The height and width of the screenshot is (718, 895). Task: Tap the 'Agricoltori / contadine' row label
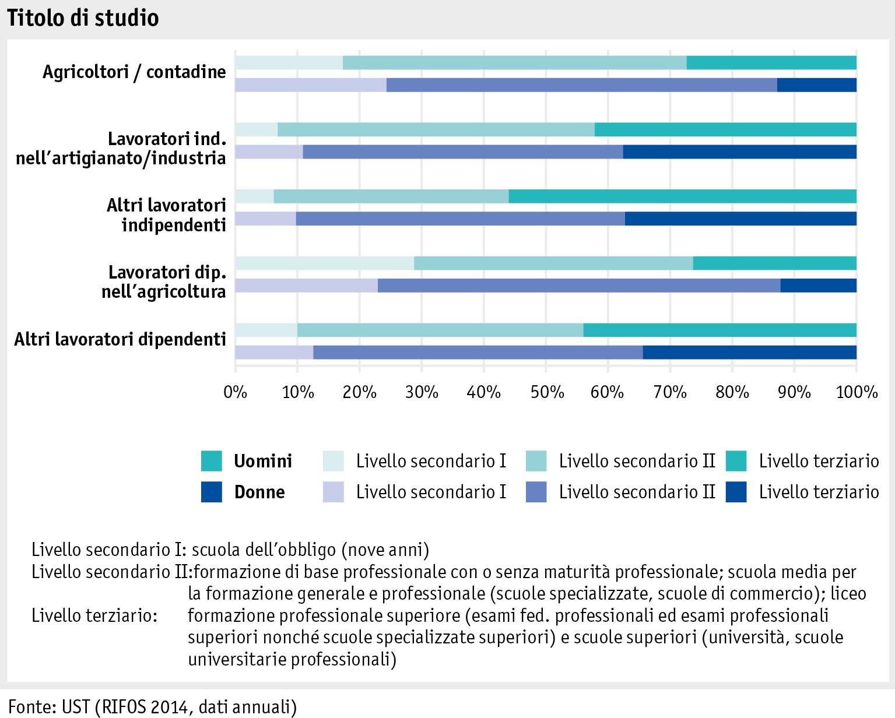click(x=134, y=72)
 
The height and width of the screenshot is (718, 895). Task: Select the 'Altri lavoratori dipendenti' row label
click(x=120, y=339)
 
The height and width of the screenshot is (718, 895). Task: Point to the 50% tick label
click(x=545, y=392)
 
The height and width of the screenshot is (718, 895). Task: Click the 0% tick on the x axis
click(x=236, y=392)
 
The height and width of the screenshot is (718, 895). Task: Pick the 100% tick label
click(x=857, y=392)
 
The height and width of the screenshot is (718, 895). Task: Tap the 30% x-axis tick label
click(x=421, y=392)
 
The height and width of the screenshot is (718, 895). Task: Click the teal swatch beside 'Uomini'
click(x=212, y=462)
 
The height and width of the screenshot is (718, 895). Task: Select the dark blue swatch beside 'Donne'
click(x=212, y=492)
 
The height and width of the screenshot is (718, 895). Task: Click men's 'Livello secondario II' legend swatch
click(x=536, y=462)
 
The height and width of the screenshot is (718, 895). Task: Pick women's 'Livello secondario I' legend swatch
click(x=334, y=492)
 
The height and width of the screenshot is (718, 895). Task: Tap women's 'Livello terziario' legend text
click(x=819, y=492)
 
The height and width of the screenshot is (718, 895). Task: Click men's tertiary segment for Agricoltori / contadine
click(x=771, y=62)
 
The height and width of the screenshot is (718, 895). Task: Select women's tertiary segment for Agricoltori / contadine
click(x=817, y=85)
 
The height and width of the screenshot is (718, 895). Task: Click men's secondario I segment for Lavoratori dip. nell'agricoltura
click(x=324, y=263)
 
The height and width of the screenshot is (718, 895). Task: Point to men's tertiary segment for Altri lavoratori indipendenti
click(x=682, y=196)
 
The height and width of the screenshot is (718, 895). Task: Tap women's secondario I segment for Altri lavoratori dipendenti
click(x=274, y=352)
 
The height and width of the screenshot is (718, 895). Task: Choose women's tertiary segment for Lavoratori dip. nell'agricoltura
click(x=819, y=286)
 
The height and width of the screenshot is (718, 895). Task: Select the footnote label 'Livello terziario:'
click(x=94, y=615)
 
